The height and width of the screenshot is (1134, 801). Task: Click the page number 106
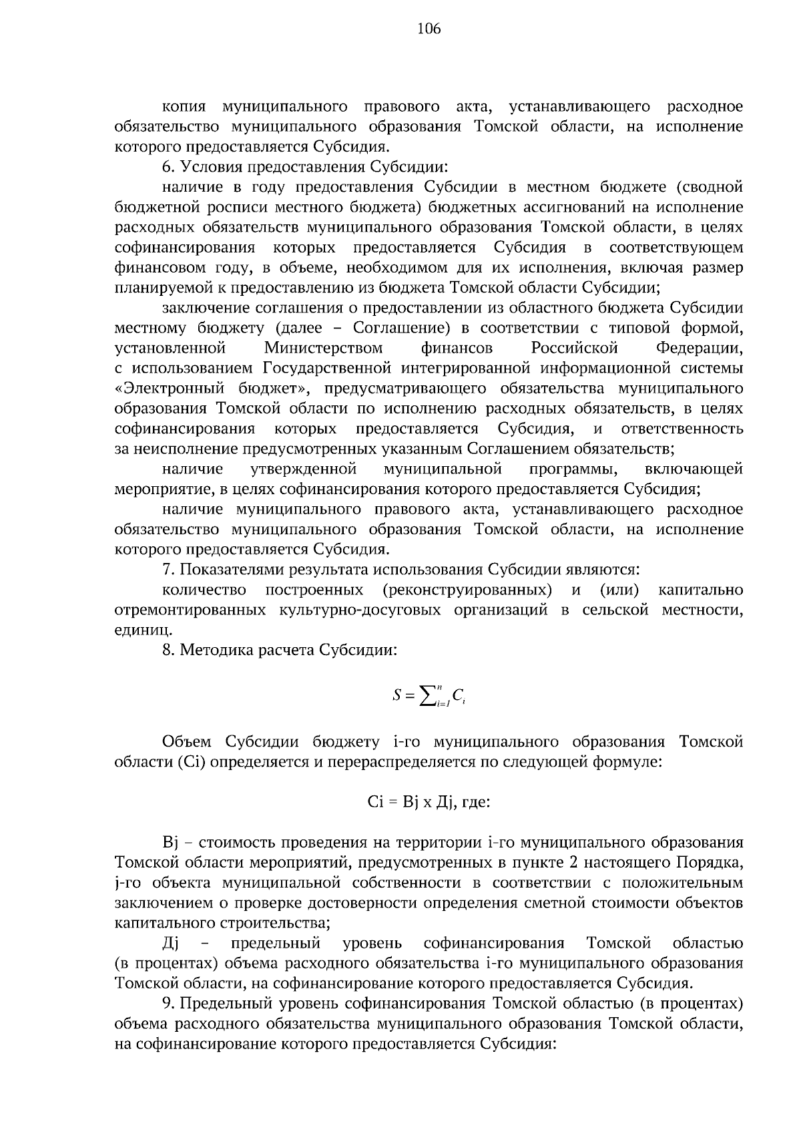[x=429, y=29]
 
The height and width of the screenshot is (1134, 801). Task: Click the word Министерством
[x=323, y=348]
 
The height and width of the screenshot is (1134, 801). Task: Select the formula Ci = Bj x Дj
[x=410, y=801]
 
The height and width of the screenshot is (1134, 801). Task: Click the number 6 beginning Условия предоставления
[x=166, y=167]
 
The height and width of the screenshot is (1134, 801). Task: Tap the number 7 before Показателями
[x=166, y=570]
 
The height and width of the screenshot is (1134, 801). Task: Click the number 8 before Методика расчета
[x=166, y=650]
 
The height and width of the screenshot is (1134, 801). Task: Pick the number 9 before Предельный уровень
[x=166, y=1004]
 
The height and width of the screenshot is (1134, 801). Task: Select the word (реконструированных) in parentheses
[x=468, y=590]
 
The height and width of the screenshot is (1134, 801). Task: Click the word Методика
[x=211, y=650]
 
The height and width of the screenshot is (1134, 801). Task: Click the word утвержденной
[x=303, y=469]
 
